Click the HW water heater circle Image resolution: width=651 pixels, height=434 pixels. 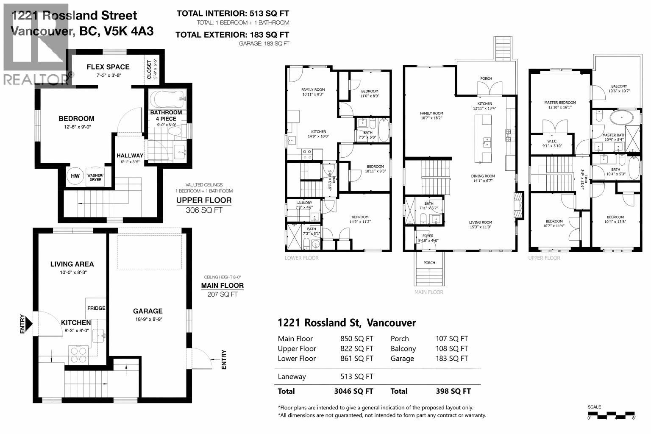[75, 176]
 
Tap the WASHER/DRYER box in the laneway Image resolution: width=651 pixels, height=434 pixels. [95, 177]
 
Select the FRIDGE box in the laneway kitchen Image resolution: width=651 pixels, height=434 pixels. [96, 308]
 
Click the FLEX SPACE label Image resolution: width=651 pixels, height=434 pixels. [108, 67]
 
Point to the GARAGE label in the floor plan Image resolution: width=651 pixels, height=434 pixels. [148, 311]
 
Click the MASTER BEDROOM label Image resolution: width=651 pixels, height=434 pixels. [560, 103]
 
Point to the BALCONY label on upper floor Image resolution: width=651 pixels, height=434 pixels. [619, 86]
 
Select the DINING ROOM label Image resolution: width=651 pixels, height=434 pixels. [483, 176]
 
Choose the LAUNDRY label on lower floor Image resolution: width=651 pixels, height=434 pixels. [304, 203]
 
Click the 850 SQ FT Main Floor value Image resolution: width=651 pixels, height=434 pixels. [356, 339]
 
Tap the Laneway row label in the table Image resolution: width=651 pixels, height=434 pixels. [292, 376]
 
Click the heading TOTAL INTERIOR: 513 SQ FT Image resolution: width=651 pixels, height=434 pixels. [233, 14]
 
